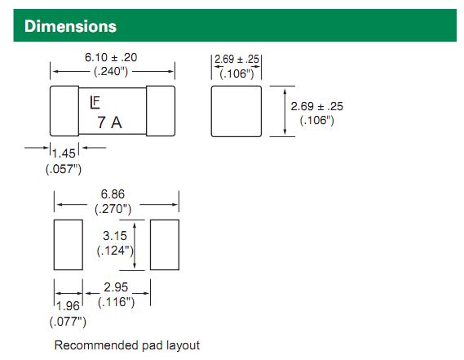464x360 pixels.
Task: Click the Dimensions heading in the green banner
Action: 70,26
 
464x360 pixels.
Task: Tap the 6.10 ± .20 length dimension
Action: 111,57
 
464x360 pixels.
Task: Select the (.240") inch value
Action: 111,71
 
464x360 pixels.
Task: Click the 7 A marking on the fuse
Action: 109,122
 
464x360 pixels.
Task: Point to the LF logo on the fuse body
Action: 95,103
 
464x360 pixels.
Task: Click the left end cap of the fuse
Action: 64,111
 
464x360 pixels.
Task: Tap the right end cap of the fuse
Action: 161,111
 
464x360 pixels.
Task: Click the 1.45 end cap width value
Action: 64,153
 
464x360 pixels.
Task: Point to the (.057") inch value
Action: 64,169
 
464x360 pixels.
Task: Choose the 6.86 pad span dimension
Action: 113,194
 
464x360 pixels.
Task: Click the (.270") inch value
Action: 113,209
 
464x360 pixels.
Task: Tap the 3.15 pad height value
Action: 115,236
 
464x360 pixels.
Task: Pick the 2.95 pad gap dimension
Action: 116,287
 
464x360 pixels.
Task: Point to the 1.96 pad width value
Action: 68,306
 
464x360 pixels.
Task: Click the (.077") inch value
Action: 68,322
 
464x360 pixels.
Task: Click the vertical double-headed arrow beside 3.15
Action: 135,246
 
